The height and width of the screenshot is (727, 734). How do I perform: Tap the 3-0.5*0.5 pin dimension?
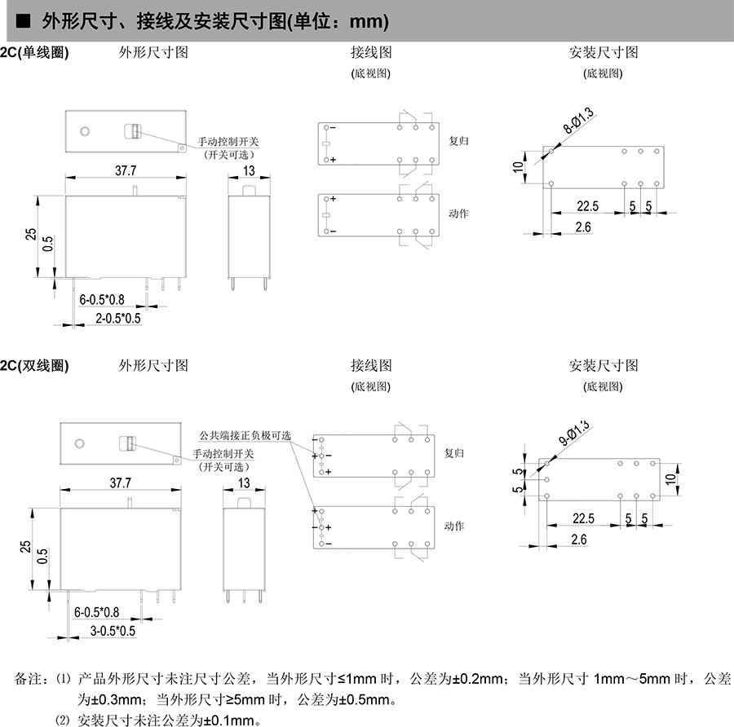(113, 630)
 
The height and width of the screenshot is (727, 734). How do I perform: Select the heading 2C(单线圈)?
(34, 52)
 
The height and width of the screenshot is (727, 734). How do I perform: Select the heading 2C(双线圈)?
(34, 365)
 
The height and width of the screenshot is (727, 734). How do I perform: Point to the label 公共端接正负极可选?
(245, 435)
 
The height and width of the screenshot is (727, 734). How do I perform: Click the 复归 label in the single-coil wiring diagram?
(459, 140)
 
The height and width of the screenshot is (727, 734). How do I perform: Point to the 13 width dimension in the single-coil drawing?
(249, 170)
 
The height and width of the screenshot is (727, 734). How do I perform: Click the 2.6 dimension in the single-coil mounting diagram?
(582, 227)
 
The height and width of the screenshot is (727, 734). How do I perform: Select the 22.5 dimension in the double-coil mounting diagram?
(583, 519)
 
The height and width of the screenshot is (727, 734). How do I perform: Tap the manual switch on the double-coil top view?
(128, 444)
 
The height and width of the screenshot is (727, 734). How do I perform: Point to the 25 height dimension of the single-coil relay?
(30, 235)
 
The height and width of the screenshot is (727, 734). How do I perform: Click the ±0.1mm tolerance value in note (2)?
(230, 720)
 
